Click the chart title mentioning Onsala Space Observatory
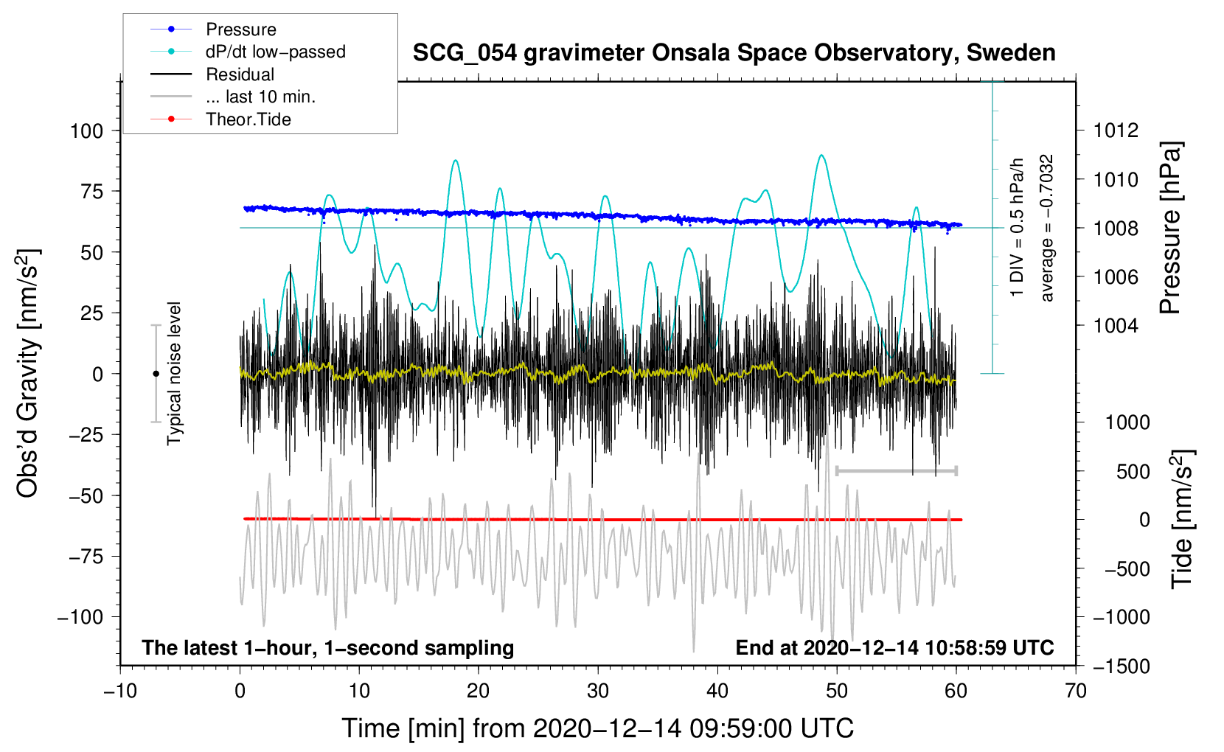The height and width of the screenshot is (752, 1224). (734, 53)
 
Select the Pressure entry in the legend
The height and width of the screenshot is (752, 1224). (240, 29)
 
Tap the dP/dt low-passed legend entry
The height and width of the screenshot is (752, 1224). (275, 52)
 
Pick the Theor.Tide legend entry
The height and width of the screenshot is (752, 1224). (248, 119)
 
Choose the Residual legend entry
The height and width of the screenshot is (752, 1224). (240, 74)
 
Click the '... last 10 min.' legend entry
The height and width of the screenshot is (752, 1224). (260, 97)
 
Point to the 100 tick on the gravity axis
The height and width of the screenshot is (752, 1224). (86, 131)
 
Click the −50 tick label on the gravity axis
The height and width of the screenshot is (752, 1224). (86, 495)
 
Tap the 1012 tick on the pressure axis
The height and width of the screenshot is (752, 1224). (1116, 131)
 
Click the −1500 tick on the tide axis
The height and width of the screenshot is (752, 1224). (1122, 666)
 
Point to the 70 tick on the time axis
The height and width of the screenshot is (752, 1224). (1076, 692)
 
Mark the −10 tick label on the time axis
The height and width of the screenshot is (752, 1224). (120, 692)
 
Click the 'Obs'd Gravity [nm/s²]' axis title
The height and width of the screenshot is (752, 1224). (28, 374)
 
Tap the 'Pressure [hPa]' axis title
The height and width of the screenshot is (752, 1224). (1170, 229)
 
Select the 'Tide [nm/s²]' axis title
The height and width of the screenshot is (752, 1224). (1183, 519)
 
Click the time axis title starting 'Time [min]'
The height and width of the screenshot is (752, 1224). (597, 728)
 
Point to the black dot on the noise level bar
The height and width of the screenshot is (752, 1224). (156, 374)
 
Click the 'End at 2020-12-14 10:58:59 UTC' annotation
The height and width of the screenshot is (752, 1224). (894, 648)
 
